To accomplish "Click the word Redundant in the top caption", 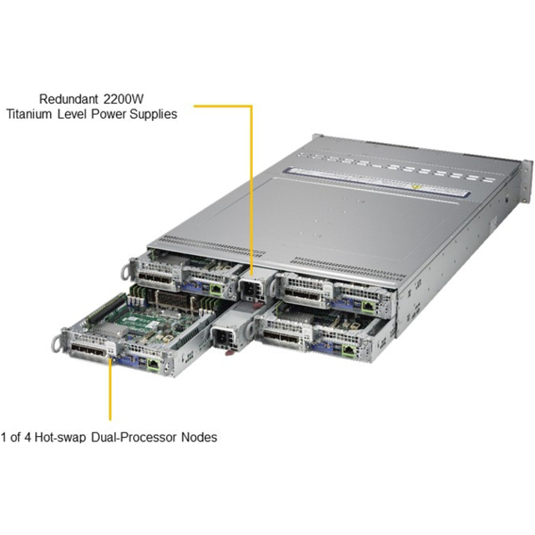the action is click(69, 99).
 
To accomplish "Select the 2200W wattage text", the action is click(123, 99).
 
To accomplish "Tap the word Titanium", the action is click(29, 114).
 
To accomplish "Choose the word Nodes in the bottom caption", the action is click(199, 437).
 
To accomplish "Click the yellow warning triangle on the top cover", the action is click(415, 186).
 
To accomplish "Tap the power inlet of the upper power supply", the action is click(248, 290).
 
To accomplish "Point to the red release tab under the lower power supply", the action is click(231, 351).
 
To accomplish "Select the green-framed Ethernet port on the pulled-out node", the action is click(153, 364).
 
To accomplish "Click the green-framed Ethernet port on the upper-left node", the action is click(216, 290).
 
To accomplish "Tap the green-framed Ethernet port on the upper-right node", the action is click(367, 306).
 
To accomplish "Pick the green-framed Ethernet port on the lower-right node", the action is click(349, 349).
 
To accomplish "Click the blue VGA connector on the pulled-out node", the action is click(129, 360).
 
